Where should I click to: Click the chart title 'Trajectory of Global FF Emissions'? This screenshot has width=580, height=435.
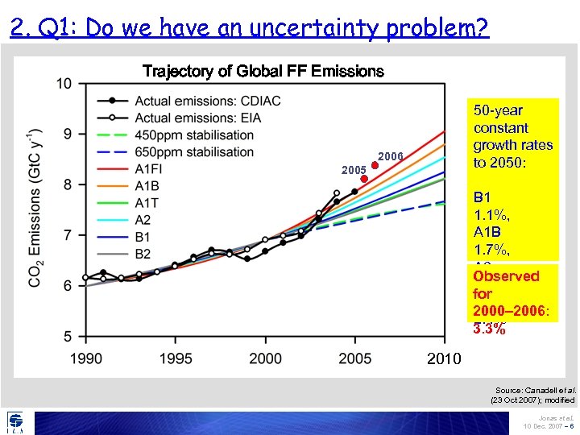pyautogui.click(x=263, y=71)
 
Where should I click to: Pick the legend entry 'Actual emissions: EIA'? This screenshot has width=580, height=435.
pyautogui.click(x=197, y=118)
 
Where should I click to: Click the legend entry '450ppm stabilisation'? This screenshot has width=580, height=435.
pyautogui.click(x=194, y=135)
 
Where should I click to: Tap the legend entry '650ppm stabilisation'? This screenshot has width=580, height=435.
pyautogui.click(x=194, y=151)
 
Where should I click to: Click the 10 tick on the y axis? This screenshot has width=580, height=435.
pyautogui.click(x=64, y=83)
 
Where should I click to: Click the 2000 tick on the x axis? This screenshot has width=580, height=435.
pyautogui.click(x=266, y=358)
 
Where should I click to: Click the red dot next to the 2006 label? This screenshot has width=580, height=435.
pyautogui.click(x=375, y=166)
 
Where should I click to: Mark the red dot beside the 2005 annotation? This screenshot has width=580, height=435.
pyautogui.click(x=364, y=179)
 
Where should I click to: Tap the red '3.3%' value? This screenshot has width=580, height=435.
pyautogui.click(x=490, y=329)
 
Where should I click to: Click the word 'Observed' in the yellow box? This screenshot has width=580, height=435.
pyautogui.click(x=506, y=276)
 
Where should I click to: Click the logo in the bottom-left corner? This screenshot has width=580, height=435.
pyautogui.click(x=15, y=422)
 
